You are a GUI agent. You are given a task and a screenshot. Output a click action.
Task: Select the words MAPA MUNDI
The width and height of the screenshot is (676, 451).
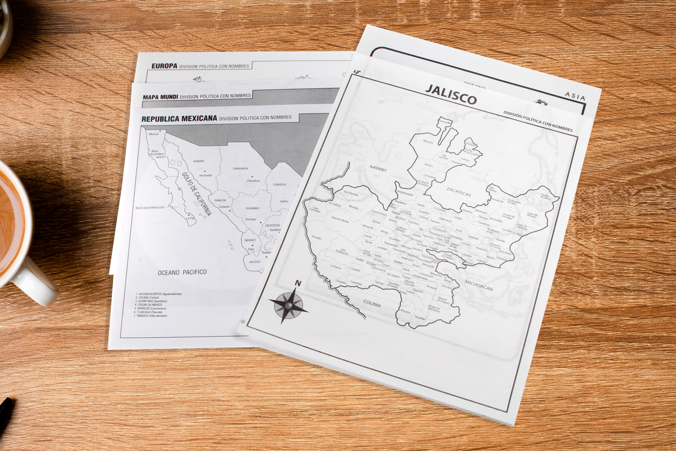[160, 97]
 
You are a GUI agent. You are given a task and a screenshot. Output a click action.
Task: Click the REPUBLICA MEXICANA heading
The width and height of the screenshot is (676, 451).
[179, 119]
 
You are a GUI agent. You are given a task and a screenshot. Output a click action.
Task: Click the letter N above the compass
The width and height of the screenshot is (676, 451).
[298, 284]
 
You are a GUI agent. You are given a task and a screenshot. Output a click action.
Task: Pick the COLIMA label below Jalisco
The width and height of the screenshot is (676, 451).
[371, 304]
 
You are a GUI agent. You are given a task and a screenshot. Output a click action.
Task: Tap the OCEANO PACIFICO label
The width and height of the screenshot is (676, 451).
[182, 272]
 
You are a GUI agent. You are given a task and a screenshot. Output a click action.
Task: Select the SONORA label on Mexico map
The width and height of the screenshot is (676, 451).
[198, 161]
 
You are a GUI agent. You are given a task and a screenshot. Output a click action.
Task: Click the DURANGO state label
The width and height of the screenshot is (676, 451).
[252, 209]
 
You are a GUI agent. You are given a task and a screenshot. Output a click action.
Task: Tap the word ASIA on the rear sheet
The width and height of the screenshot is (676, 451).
[575, 96]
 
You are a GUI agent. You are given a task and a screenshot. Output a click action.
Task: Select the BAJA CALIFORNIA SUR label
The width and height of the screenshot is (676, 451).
[149, 207]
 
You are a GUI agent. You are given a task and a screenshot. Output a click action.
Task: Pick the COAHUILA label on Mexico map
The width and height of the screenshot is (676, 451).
[279, 184]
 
